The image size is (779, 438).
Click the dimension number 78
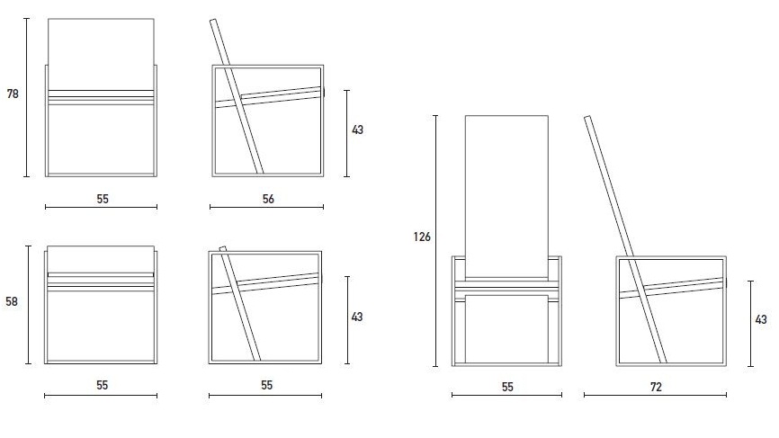(13, 94)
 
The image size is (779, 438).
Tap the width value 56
(268, 199)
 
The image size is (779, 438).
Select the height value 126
(422, 237)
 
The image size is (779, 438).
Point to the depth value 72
(656, 387)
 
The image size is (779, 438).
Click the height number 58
(12, 301)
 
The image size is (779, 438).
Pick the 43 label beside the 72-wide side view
(761, 319)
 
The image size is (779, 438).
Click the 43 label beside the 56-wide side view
(357, 130)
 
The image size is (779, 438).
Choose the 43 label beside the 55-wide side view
(357, 317)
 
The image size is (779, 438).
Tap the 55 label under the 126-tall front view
(507, 387)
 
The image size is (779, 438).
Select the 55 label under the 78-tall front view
(103, 199)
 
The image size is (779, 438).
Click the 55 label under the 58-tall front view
(102, 385)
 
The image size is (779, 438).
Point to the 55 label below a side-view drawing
(266, 385)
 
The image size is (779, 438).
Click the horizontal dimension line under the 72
(655, 396)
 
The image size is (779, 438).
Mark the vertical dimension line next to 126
(435, 241)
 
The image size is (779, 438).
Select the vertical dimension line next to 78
(27, 97)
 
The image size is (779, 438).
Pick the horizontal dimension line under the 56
(267, 207)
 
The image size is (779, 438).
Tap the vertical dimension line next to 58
(28, 305)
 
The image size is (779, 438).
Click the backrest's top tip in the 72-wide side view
(587, 117)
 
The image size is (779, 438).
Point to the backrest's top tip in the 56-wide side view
(213, 21)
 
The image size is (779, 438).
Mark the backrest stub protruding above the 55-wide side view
(223, 249)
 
